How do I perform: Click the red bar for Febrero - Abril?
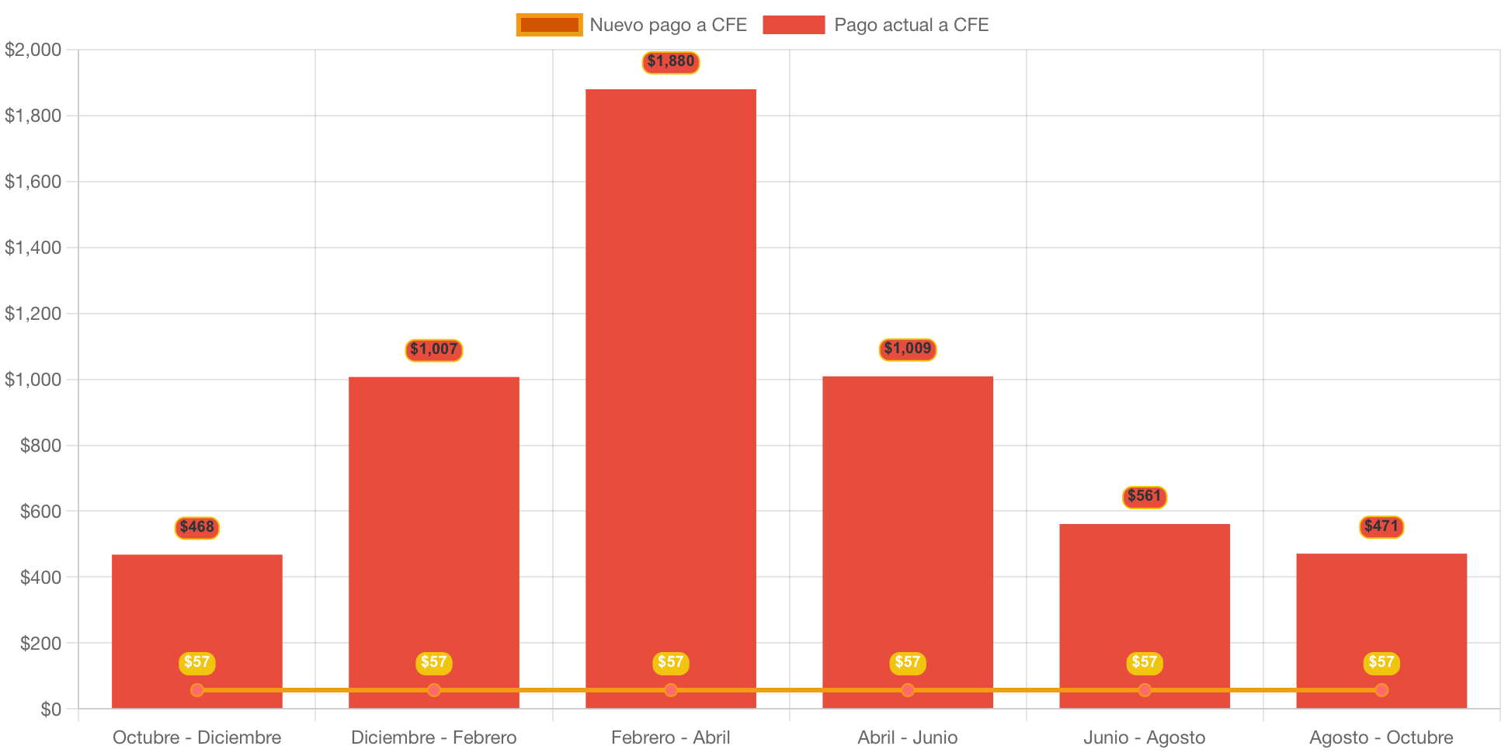point(670,388)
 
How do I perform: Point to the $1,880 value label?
point(671,62)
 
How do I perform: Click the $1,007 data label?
point(434,350)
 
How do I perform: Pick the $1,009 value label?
point(908,349)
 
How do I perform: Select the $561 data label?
point(1145,497)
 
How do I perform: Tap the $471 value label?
point(1381,527)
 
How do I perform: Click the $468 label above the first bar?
point(197,528)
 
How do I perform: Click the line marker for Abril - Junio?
point(908,690)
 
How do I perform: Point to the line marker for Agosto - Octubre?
point(1381,690)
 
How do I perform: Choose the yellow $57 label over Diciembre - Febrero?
point(434,663)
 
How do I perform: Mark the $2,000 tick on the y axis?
point(33,50)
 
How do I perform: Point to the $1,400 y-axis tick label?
point(33,248)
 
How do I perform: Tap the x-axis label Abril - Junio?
point(907,737)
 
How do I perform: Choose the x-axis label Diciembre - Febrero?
point(433,737)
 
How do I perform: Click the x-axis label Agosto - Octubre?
point(1381,737)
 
